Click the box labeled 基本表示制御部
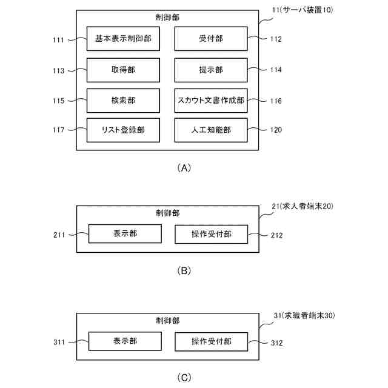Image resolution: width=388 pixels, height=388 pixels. (x=123, y=39)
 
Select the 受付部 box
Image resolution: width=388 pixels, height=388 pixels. (x=211, y=39)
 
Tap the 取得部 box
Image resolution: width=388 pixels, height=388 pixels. (x=123, y=70)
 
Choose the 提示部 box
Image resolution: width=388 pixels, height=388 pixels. (x=211, y=70)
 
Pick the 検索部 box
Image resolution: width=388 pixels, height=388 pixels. (x=123, y=101)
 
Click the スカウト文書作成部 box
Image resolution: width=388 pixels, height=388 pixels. (x=211, y=101)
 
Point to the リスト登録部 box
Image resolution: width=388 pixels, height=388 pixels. (x=123, y=130)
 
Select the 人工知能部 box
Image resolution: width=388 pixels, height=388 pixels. (x=211, y=130)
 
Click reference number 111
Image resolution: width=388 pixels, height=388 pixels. (x=59, y=39)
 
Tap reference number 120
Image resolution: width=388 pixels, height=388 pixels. (x=276, y=130)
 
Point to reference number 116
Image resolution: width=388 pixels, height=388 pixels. (x=276, y=101)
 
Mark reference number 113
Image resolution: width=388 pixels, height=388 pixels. (x=59, y=70)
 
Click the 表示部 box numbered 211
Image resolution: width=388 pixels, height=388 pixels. (x=125, y=233)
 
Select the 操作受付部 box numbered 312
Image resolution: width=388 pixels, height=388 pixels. (x=212, y=341)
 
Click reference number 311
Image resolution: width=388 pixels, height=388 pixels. (x=59, y=343)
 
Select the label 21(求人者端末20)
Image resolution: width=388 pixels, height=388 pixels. (x=303, y=206)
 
